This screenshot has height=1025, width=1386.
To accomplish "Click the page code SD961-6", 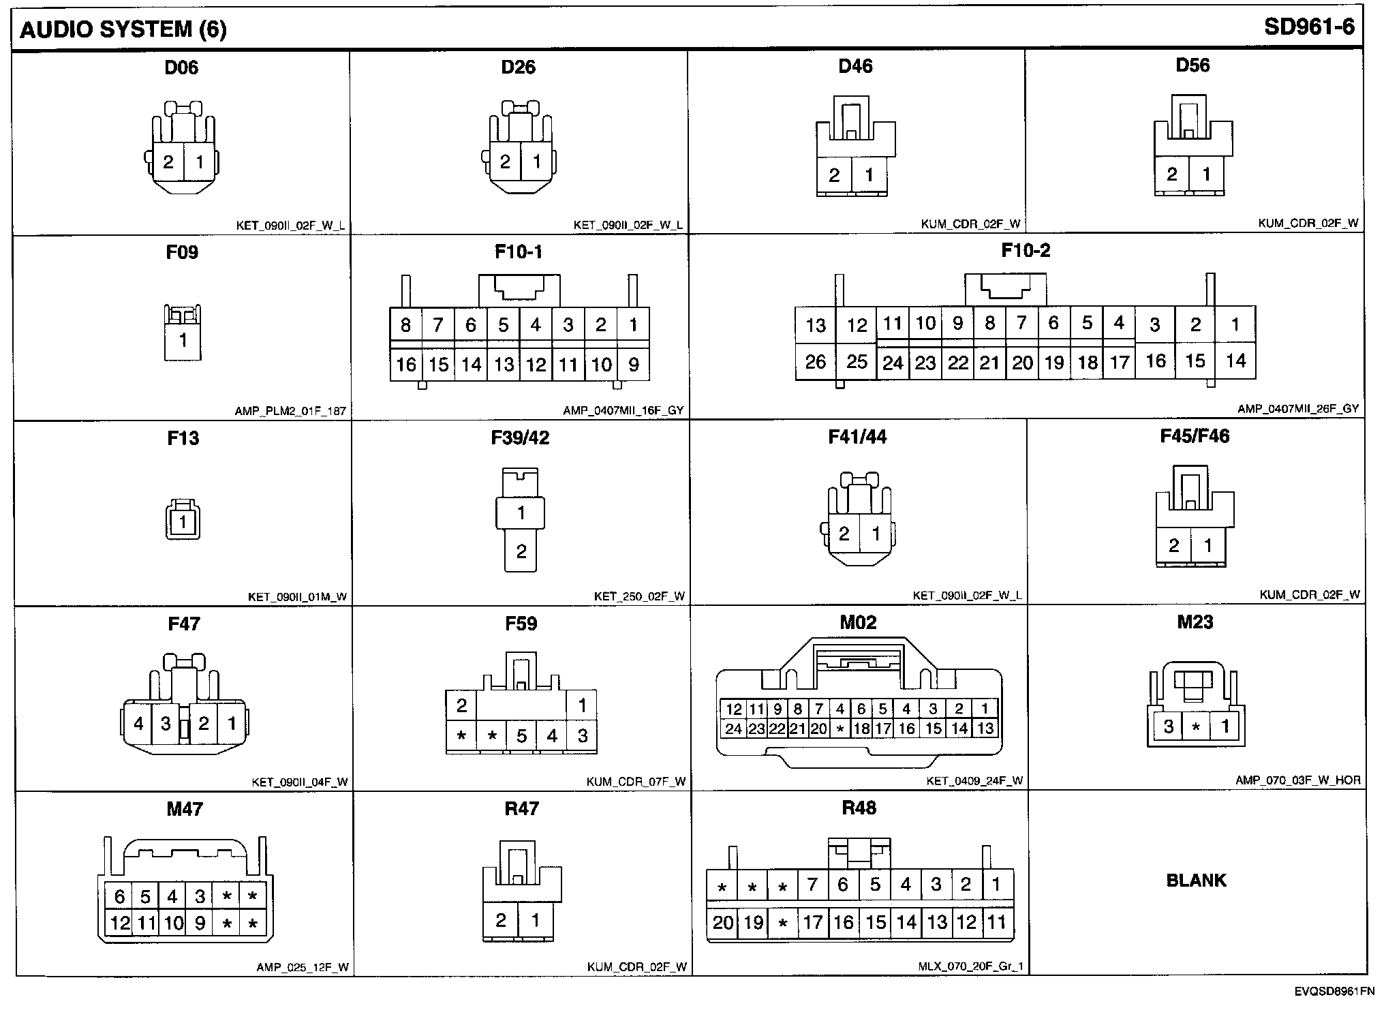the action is (x=1308, y=27).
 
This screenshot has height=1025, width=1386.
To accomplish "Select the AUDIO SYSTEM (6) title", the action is (x=123, y=30).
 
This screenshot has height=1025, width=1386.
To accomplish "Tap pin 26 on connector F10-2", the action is (x=815, y=362).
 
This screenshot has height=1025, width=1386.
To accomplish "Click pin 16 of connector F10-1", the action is (x=406, y=365).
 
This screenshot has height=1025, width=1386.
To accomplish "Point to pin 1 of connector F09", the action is (x=183, y=340).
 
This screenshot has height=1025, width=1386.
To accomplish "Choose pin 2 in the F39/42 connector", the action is (x=521, y=551).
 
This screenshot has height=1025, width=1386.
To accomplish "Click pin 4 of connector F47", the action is (x=138, y=723).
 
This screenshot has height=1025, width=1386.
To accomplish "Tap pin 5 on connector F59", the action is (x=522, y=736).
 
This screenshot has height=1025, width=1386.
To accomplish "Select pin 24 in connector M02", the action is (x=733, y=729).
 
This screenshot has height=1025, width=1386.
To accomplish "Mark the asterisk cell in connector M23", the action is (x=1196, y=727).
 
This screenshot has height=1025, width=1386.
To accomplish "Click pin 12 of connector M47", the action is (x=120, y=923).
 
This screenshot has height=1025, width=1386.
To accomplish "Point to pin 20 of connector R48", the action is (x=722, y=923).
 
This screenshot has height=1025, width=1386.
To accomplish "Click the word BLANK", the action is (x=1196, y=881).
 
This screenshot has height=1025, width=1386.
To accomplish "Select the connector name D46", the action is (x=855, y=66).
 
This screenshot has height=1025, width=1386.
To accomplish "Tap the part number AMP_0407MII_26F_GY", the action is (x=1298, y=409).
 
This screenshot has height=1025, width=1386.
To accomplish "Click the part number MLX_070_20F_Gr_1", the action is (x=970, y=966).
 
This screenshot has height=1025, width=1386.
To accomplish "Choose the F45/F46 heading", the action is (x=1195, y=436).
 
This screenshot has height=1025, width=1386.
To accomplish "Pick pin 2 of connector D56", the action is (x=1172, y=174).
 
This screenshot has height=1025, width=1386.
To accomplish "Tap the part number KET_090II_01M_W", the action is (x=297, y=597).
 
